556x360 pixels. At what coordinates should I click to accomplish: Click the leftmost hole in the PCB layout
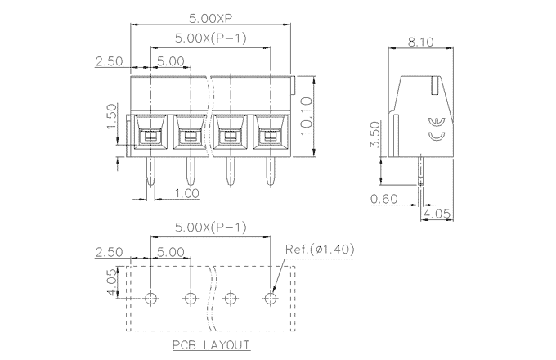(150, 297)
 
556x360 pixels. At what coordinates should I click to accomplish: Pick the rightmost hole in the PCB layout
(270, 297)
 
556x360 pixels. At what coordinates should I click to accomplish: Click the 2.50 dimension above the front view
(110, 61)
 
